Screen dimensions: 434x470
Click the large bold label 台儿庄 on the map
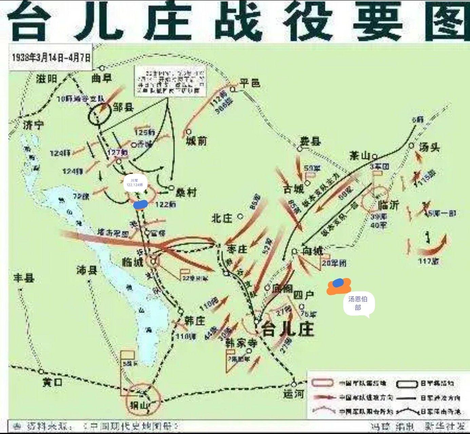(x=288, y=329)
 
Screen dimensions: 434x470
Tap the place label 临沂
(x=389, y=205)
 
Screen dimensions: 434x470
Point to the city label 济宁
(x=33, y=125)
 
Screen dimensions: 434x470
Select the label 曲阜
(x=102, y=78)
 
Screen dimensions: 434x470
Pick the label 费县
(x=310, y=141)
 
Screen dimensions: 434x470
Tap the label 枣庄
(x=237, y=249)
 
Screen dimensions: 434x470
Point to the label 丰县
(x=24, y=278)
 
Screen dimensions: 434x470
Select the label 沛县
(x=87, y=270)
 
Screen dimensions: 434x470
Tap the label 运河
(x=294, y=394)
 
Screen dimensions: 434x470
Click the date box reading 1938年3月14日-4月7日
(x=51, y=57)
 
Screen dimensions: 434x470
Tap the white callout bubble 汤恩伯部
(x=358, y=303)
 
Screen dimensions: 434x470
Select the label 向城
(x=312, y=251)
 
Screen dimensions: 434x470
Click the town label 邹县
(x=123, y=108)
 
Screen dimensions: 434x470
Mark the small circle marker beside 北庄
(x=240, y=216)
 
